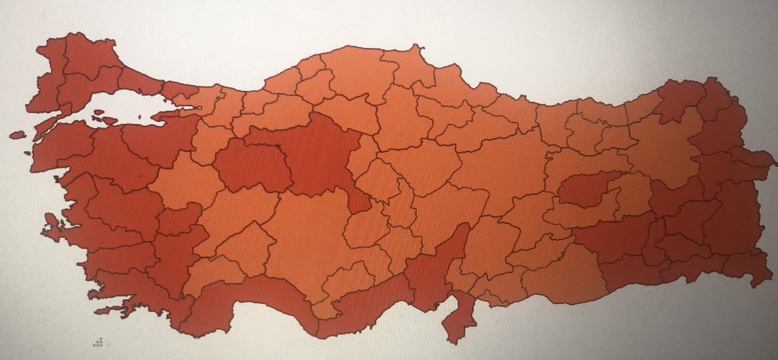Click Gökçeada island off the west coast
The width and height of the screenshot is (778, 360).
tap(18, 136)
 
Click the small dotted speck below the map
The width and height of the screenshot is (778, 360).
tap(98, 341)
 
